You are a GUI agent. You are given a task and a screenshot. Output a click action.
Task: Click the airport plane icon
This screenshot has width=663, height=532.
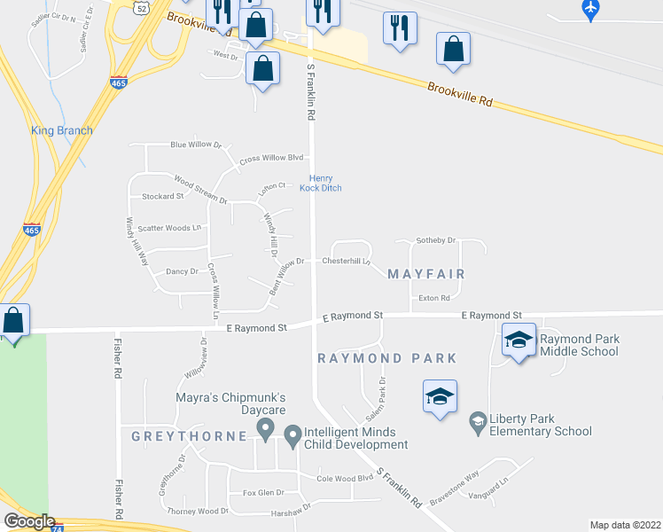(x=592, y=8)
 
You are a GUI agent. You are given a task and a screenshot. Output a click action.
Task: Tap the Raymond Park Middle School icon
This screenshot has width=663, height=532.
(x=519, y=340)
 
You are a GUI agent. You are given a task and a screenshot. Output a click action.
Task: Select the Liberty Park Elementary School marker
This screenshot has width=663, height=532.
(x=478, y=423)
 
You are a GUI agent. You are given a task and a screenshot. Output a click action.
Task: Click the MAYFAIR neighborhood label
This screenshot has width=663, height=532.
(x=426, y=274)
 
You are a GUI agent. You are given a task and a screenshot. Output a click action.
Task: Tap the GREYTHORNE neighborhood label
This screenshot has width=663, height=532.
(x=189, y=436)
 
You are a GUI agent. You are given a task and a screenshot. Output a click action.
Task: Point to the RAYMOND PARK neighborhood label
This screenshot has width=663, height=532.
(x=387, y=358)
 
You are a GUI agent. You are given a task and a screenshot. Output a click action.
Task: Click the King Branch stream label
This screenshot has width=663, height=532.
(x=62, y=130)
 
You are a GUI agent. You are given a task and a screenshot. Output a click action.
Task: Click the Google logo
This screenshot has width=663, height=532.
(x=29, y=521)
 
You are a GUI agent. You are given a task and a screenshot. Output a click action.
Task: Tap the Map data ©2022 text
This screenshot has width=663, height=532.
(x=626, y=524)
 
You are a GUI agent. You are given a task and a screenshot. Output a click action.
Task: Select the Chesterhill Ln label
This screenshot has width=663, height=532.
(x=347, y=262)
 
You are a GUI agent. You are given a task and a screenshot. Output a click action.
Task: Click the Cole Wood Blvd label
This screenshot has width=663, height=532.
(x=344, y=478)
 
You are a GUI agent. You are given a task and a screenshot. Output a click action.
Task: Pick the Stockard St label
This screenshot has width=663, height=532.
(x=157, y=196)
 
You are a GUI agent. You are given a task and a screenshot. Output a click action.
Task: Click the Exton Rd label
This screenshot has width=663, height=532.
(x=434, y=298)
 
